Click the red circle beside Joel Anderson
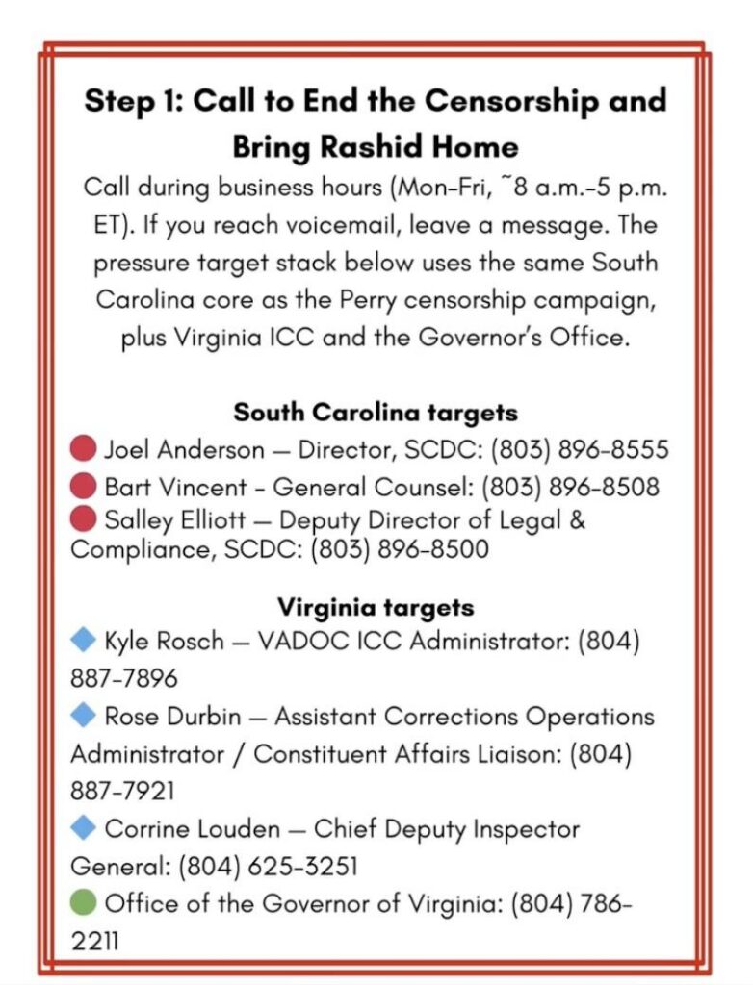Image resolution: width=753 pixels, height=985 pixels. [84, 449]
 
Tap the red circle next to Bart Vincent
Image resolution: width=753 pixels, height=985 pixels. [84, 486]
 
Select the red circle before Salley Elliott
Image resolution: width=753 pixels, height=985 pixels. [84, 521]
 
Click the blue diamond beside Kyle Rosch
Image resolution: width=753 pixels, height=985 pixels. [84, 638]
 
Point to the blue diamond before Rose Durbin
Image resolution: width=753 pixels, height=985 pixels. [84, 715]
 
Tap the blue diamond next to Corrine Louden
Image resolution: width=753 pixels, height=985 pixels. [84, 827]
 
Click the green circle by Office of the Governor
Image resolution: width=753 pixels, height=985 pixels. [84, 902]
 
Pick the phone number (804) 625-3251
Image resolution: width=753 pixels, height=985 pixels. [268, 866]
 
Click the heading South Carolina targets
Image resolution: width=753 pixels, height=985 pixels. [376, 413]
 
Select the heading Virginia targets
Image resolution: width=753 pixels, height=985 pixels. [376, 608]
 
